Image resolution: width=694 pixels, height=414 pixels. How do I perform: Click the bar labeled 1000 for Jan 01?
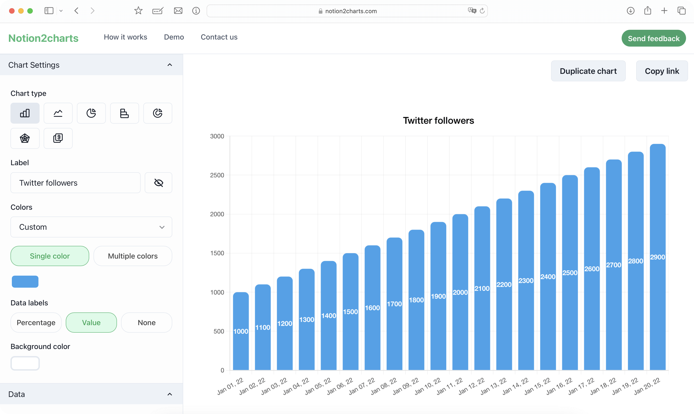(241, 349)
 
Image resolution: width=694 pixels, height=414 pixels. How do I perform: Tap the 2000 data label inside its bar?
(460, 292)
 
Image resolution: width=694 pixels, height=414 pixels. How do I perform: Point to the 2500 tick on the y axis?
(217, 175)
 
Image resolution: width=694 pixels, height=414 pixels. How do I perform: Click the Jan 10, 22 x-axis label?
(428, 386)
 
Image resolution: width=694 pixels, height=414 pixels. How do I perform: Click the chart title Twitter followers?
(438, 120)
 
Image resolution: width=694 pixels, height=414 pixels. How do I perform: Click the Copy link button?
(662, 71)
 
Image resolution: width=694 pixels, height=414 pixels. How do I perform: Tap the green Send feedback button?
(653, 38)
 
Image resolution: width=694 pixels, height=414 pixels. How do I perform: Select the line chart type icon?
(58, 113)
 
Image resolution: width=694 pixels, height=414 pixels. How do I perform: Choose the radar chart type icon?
(25, 138)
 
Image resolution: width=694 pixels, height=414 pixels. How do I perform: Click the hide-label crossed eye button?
(158, 183)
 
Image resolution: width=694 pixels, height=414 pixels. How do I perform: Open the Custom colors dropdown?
(91, 227)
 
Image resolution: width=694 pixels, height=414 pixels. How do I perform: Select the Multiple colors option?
(133, 256)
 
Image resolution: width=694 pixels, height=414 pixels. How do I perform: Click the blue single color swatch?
(25, 282)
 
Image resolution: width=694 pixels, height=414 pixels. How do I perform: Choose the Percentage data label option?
(36, 322)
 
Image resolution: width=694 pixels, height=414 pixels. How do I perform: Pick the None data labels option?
(146, 322)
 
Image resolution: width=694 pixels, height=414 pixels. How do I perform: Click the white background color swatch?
(25, 363)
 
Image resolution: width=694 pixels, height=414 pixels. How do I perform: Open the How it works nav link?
(125, 37)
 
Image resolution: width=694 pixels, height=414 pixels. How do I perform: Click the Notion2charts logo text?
(43, 38)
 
